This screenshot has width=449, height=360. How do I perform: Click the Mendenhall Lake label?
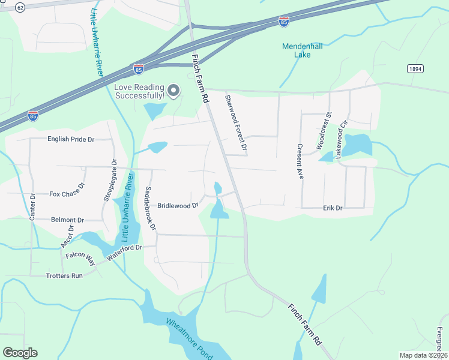(303, 50)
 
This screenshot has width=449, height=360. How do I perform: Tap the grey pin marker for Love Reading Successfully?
(173, 91)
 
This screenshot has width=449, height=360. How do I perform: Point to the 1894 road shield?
(415, 69)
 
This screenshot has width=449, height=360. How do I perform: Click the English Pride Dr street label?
(71, 139)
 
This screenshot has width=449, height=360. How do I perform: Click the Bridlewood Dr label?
(178, 205)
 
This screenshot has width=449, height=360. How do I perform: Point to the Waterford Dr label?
(124, 251)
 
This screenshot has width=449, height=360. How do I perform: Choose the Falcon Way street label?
(81, 259)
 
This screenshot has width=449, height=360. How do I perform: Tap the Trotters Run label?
(64, 276)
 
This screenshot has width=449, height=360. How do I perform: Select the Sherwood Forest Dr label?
(236, 122)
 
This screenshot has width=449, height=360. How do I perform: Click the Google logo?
(20, 352)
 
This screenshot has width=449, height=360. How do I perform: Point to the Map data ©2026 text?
(423, 355)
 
